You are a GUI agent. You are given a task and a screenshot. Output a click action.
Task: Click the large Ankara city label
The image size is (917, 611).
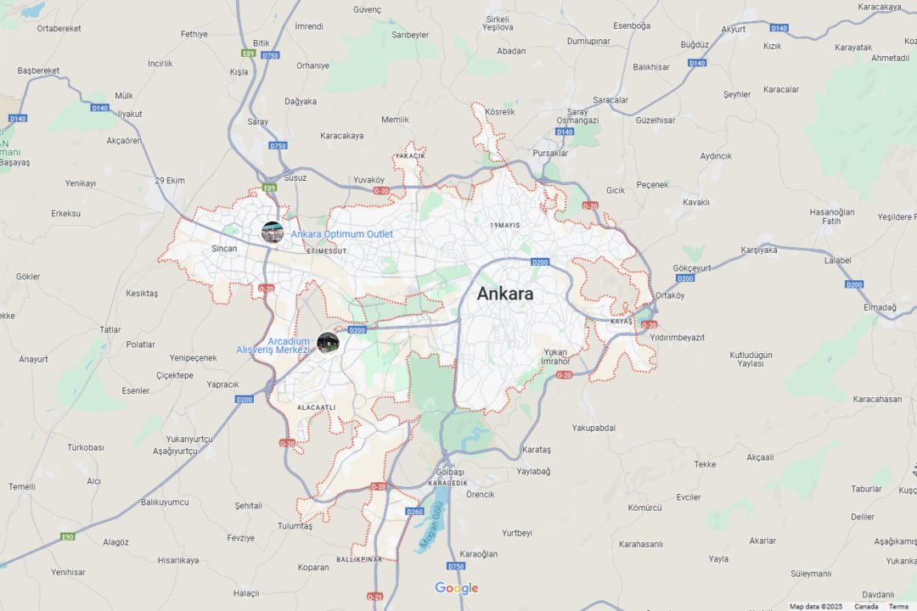coord(505,294)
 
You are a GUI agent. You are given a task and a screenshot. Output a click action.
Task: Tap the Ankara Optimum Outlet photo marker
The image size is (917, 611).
coord(273,233)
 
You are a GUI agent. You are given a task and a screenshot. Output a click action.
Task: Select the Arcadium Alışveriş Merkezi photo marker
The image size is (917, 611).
coord(328,343)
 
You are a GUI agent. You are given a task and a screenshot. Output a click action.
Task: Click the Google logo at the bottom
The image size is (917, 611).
coord(457,588)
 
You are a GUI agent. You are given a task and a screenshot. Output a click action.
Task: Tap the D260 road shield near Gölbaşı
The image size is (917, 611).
coord(414,512)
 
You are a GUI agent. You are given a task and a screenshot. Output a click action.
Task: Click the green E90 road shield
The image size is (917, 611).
coord(67,536)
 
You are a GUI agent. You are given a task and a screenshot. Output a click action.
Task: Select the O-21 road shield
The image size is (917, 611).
coord(374,597)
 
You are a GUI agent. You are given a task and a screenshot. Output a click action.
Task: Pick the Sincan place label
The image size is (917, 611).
coord(224,249)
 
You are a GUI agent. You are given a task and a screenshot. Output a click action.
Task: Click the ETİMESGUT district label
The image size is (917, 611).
coord(327,252)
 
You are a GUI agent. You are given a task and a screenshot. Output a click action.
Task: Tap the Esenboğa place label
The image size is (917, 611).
coord(632,25)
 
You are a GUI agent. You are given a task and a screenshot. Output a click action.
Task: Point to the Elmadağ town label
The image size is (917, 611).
coord(880,307)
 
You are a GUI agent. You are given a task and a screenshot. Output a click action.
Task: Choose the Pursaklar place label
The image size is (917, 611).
coord(550,154)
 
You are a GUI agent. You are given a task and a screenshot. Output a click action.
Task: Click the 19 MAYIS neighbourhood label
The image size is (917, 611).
coord(505,226)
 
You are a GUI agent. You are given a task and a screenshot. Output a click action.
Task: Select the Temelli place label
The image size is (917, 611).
coord(22,487)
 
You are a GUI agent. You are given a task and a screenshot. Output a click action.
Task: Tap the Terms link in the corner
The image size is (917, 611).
coord(898,607)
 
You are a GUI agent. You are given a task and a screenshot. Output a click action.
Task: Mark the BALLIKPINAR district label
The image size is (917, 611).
coord(359,560)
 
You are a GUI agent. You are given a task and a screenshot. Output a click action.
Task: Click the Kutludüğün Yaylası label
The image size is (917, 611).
coord(751,359)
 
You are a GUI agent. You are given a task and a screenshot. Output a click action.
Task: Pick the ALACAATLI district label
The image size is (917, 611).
coord(317,408)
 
